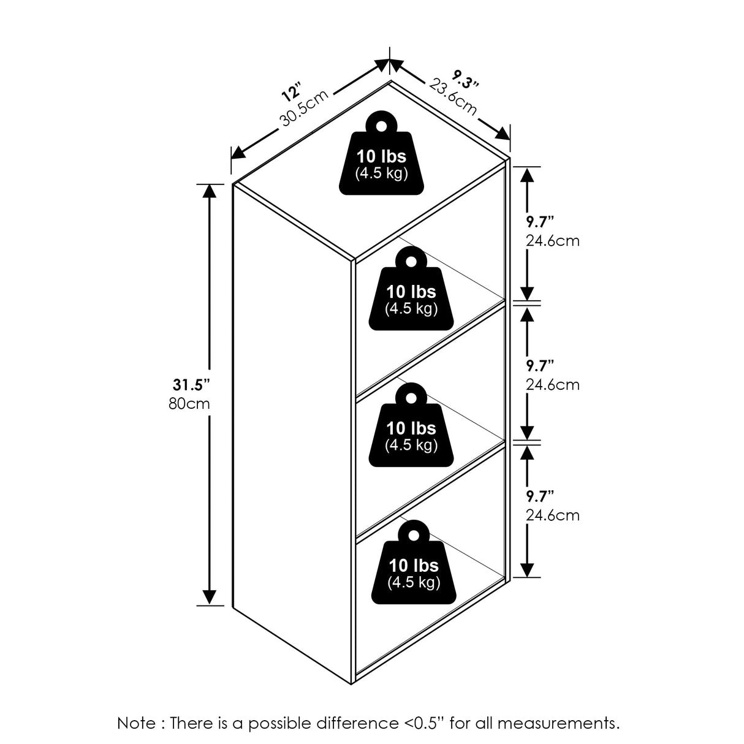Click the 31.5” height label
(191, 385)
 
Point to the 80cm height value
(189, 404)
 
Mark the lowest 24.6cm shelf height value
(552, 515)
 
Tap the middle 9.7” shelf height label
(540, 366)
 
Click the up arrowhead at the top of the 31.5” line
(210, 192)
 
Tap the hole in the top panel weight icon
(381, 126)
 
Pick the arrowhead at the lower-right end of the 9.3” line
(503, 133)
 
